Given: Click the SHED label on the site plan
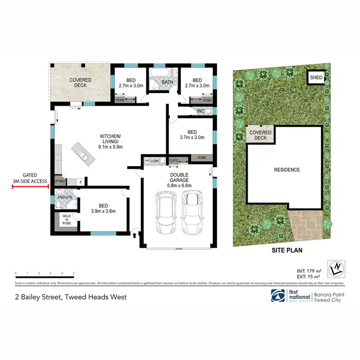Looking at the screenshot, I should (316, 77).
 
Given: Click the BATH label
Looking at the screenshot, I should (167, 83).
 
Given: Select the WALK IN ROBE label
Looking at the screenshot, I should (66, 220).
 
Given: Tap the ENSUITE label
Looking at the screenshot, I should (65, 197).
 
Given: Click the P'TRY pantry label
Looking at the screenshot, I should (60, 181).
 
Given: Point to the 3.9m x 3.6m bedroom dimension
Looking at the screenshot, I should (103, 210).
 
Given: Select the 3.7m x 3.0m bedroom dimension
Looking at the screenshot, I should (192, 137).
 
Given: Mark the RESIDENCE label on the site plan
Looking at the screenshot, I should (287, 170).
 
